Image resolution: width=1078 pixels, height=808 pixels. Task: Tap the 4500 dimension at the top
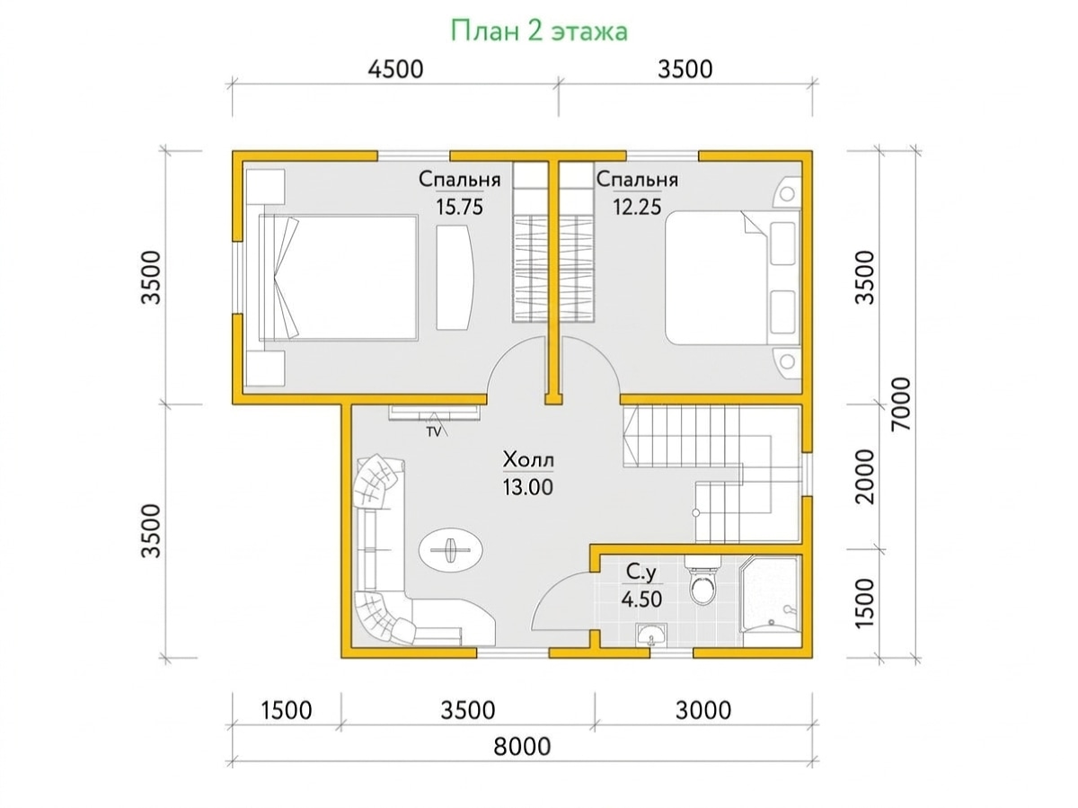pyautogui.click(x=395, y=69)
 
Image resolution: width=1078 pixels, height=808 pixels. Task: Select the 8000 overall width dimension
pyautogui.click(x=522, y=746)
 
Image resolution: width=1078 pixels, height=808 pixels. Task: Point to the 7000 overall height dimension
pyautogui.click(x=900, y=404)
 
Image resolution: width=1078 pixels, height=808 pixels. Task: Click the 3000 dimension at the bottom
pyautogui.click(x=703, y=710)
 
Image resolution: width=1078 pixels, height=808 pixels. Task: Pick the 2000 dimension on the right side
pyautogui.click(x=865, y=476)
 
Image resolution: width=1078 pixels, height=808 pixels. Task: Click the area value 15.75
pyautogui.click(x=460, y=207)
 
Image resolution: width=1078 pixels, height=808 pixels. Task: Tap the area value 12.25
pyautogui.click(x=637, y=207)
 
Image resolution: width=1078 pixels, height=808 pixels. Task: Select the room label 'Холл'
pyautogui.click(x=528, y=460)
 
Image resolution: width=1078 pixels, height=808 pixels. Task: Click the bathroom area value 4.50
pyautogui.click(x=641, y=599)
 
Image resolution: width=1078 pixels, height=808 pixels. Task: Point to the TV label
pyautogui.click(x=433, y=431)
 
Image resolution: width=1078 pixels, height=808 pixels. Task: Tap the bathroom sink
pyautogui.click(x=651, y=635)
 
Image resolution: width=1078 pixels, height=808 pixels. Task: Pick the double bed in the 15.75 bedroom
pyautogui.click(x=339, y=278)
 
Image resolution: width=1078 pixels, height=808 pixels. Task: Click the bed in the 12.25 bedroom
pyautogui.click(x=733, y=278)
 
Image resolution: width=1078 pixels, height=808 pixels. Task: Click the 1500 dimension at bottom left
pyautogui.click(x=286, y=710)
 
